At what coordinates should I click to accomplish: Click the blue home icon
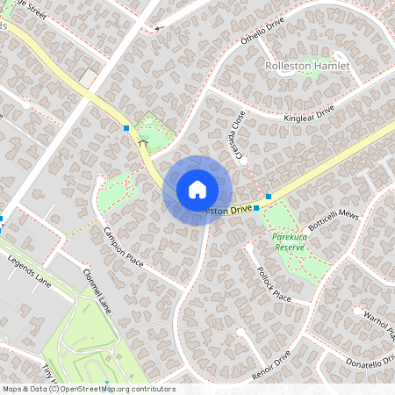tap(197, 190)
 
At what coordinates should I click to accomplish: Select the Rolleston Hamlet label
tap(306, 66)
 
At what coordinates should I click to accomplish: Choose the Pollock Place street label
tap(269, 284)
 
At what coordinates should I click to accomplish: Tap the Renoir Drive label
tap(270, 363)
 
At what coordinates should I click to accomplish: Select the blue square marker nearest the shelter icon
tap(127, 128)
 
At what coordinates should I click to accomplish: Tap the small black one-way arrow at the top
tap(158, 28)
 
